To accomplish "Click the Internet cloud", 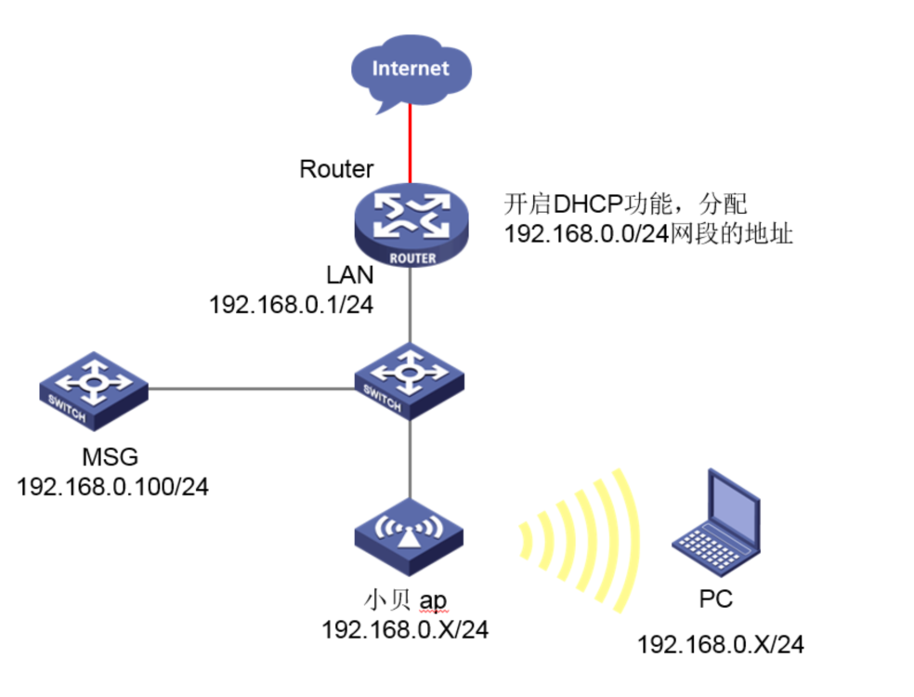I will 411,69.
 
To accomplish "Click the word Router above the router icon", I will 336,169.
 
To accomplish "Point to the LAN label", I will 350,275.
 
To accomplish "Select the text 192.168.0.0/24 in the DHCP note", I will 587,234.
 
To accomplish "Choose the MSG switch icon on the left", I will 94,388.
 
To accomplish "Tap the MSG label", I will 110,456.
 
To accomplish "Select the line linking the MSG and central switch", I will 251,388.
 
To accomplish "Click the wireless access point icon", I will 410,535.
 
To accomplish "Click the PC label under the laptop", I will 715,599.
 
